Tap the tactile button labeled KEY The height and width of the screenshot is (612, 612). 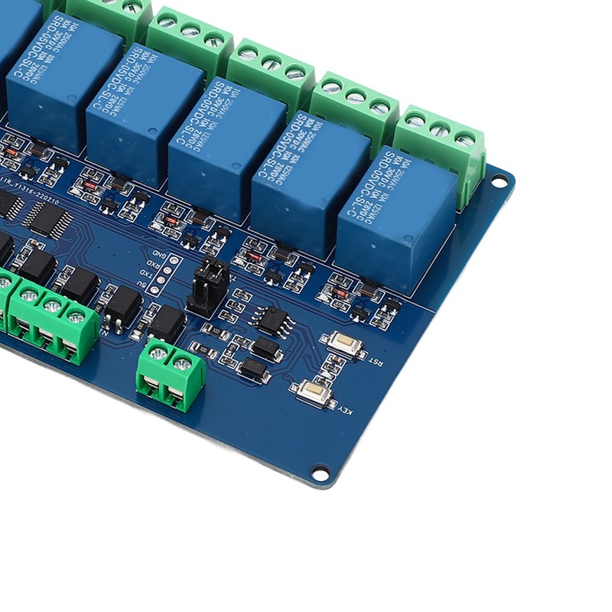pos(314,392)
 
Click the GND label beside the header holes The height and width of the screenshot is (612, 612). pos(159,254)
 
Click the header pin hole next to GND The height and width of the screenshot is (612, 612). pos(175,260)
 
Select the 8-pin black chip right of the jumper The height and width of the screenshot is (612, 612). pos(272,320)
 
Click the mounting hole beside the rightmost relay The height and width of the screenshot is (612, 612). pos(499,182)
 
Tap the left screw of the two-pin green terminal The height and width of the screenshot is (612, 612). pos(158,353)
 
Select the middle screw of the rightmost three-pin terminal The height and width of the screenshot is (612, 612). pos(440,130)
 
